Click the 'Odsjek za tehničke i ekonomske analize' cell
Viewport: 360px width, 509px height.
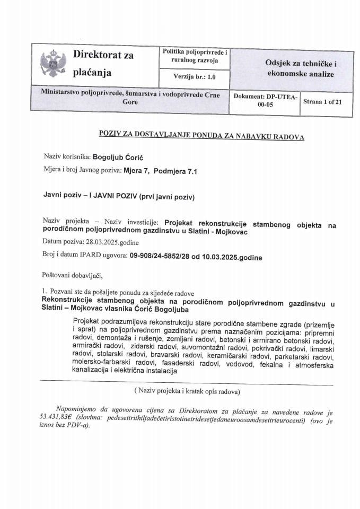coord(293,68)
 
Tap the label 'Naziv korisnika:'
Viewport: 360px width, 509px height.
coord(67,157)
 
